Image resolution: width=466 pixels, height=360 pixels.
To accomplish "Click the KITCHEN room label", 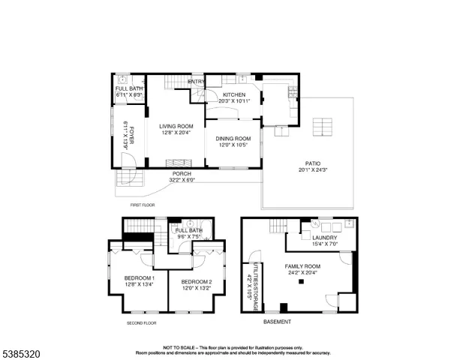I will click(233, 94).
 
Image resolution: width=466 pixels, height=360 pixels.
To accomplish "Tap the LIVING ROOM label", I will click(176, 126).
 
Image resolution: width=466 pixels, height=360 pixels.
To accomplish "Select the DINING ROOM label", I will click(233, 138).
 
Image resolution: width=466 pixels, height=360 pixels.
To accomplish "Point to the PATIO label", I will click(308, 163).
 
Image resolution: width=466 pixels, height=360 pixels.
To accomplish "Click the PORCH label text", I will click(182, 174).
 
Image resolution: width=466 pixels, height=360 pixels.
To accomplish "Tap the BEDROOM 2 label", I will click(197, 280).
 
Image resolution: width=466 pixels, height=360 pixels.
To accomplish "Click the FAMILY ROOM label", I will click(302, 266).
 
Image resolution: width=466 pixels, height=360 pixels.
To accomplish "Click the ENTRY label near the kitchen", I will click(196, 81).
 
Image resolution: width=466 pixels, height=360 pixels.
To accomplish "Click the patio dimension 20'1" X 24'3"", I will click(308, 170).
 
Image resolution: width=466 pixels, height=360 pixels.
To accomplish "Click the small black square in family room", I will click(301, 282).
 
